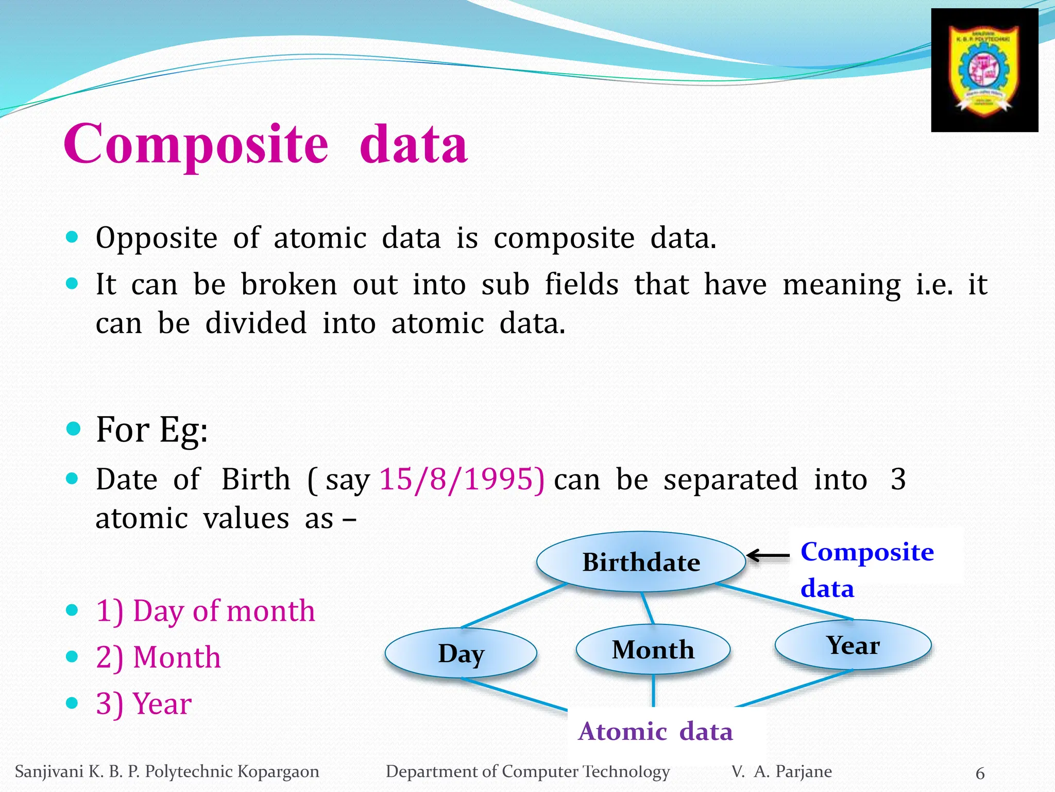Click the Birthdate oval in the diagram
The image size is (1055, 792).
pyautogui.click(x=641, y=562)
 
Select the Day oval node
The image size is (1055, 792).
pyautogui.click(x=461, y=653)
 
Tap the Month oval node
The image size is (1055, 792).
pyautogui.click(x=653, y=649)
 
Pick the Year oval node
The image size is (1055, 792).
pyautogui.click(x=853, y=645)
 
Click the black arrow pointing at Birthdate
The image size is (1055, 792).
pyautogui.click(x=768, y=556)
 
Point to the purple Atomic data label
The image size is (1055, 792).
pyautogui.click(x=655, y=731)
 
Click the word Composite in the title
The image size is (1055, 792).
pyautogui.click(x=196, y=144)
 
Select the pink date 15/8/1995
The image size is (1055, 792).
pyautogui.click(x=462, y=480)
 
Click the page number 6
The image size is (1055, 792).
pyautogui.click(x=980, y=773)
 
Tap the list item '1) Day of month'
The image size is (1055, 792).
pyautogui.click(x=205, y=611)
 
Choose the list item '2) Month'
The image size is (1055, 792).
pyautogui.click(x=158, y=657)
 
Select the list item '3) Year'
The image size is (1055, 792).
pyautogui.click(x=144, y=704)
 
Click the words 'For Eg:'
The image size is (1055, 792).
pyautogui.click(x=152, y=430)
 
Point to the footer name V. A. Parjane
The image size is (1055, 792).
pyautogui.click(x=781, y=772)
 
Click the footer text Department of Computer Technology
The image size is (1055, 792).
pyautogui.click(x=527, y=772)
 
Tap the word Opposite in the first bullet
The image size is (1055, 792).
pyautogui.click(x=157, y=239)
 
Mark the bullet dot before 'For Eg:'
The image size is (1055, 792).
pyautogui.click(x=74, y=428)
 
